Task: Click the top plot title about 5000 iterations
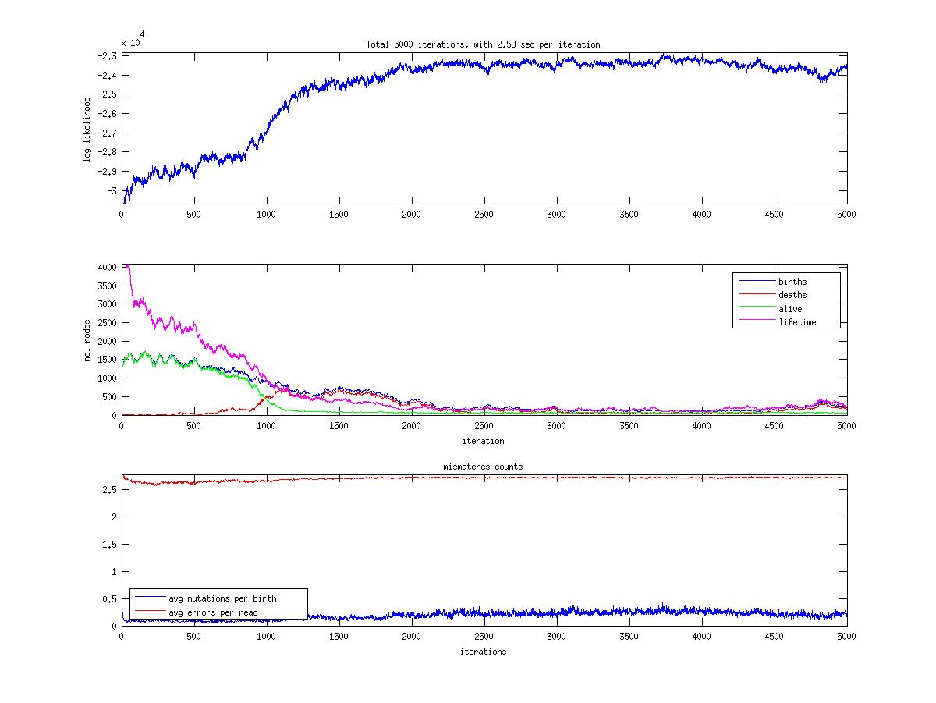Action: coord(483,44)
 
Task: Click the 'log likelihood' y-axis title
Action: coord(87,129)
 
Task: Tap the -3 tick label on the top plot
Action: coord(112,191)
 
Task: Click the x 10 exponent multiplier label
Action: coord(131,42)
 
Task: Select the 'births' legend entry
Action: coord(792,282)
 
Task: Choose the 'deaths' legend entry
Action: coord(792,295)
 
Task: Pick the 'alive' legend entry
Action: coord(790,309)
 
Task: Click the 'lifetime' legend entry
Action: coord(797,322)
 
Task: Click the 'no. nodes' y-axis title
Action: coord(87,340)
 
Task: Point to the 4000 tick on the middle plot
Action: coord(106,268)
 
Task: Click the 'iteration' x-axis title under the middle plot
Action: coord(483,441)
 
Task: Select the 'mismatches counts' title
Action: coord(483,467)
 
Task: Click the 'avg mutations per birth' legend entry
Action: coord(222,598)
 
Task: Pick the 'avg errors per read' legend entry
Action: coord(213,612)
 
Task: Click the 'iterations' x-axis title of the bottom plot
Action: coord(483,652)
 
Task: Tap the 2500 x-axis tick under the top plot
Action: coord(484,214)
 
